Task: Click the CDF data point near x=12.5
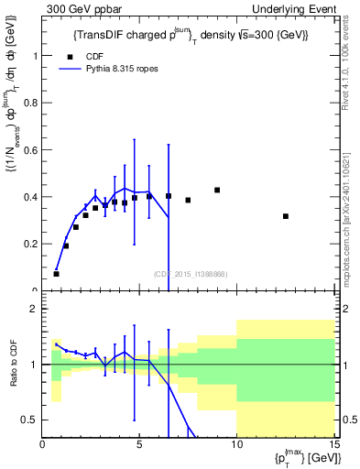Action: (x=286, y=216)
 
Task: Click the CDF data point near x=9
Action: (x=217, y=190)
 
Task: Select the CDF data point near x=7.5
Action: (x=188, y=200)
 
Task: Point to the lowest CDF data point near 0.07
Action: (x=57, y=274)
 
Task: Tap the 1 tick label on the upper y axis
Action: (x=35, y=55)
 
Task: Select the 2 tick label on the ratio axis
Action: (x=35, y=309)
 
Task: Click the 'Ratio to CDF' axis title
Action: (x=11, y=364)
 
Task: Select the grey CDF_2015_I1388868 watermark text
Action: (x=190, y=274)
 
